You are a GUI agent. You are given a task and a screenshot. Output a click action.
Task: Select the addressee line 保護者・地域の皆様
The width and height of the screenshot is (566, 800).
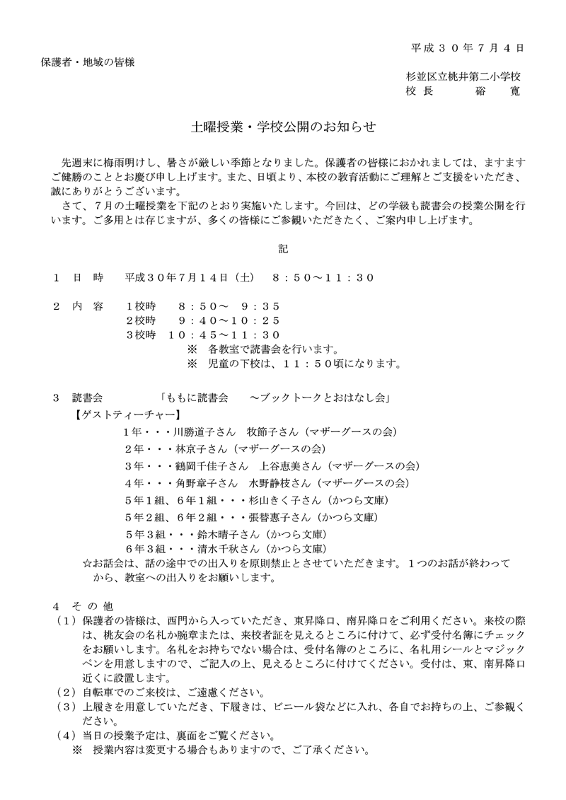pyautogui.click(x=88, y=62)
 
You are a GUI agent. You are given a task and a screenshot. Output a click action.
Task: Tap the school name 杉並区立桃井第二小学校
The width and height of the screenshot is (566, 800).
pyautogui.click(x=463, y=76)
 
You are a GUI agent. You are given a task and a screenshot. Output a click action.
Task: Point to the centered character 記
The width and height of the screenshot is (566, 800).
pyautogui.click(x=283, y=249)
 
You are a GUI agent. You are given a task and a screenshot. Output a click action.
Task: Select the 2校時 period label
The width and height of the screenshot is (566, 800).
pyautogui.click(x=139, y=320)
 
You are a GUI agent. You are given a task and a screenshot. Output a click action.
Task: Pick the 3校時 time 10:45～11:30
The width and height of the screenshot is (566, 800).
pyautogui.click(x=231, y=335)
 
